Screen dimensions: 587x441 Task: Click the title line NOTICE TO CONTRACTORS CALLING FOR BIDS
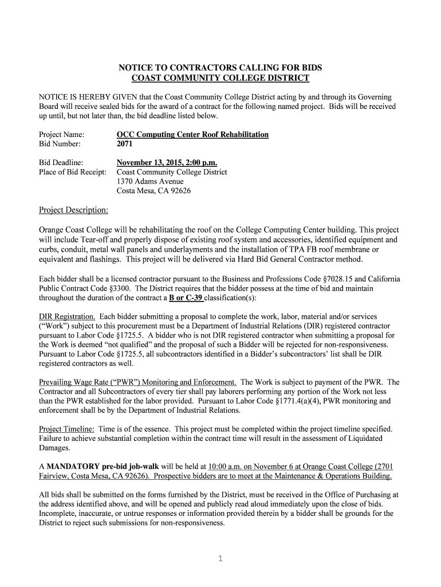click(220, 68)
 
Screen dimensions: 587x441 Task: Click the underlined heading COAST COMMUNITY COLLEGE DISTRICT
click(220, 78)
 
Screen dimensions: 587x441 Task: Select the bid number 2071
click(125, 144)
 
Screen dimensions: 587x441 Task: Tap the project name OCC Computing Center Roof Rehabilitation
click(192, 134)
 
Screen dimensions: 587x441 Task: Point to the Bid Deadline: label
click(61, 162)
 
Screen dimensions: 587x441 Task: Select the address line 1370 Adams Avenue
click(150, 181)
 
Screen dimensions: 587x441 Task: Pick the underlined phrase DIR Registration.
click(67, 316)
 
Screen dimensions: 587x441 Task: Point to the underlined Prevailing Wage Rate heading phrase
click(137, 382)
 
